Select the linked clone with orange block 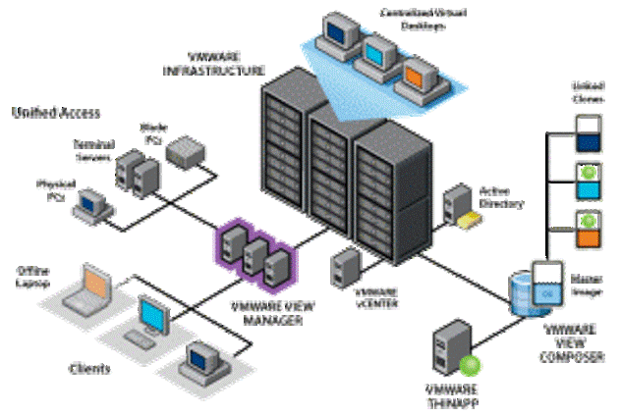pos(588,228)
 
